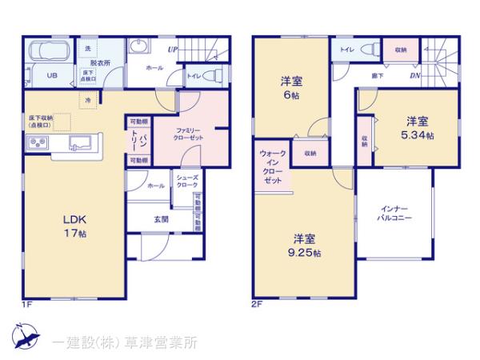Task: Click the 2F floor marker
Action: pyautogui.click(x=257, y=304)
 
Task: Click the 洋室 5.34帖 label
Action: pyautogui.click(x=417, y=128)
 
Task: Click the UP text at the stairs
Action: pyautogui.click(x=172, y=50)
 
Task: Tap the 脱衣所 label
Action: pyautogui.click(x=100, y=62)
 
